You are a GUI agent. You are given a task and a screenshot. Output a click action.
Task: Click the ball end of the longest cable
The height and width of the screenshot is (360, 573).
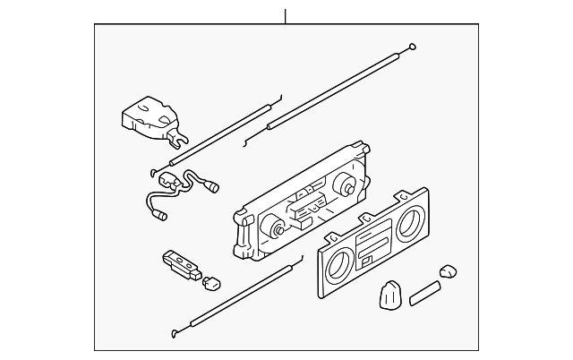[x=411, y=47]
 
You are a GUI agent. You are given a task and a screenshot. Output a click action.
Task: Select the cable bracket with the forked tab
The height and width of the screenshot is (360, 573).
[x=150, y=116]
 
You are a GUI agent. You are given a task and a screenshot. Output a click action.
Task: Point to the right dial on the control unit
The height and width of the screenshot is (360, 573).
[x=344, y=187]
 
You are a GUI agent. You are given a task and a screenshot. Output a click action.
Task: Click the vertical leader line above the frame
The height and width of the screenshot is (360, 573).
[x=286, y=15]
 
